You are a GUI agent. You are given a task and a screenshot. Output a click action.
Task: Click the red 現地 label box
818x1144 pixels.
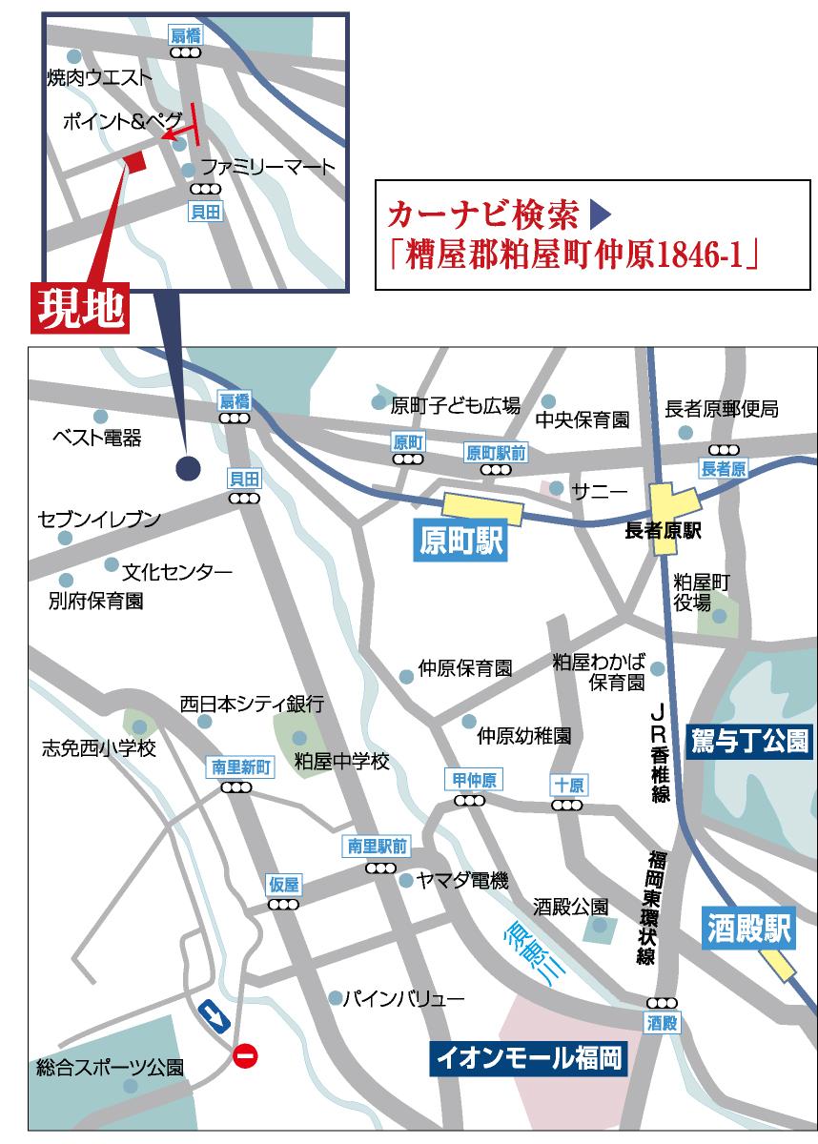(x=80, y=308)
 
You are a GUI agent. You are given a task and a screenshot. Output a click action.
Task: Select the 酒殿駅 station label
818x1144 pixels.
(x=750, y=929)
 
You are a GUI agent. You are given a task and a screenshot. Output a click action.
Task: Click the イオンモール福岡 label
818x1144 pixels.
(x=528, y=1057)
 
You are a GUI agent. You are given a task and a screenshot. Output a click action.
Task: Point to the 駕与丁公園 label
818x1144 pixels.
(x=748, y=740)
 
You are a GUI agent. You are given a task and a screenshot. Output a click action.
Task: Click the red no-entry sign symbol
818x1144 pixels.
(x=245, y=1054)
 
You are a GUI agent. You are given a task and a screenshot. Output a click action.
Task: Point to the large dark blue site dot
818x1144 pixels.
(x=188, y=467)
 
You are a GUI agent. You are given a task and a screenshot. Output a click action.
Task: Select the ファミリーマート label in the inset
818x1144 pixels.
(x=268, y=168)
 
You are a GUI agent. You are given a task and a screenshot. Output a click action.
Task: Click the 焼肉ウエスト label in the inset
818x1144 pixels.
(x=99, y=77)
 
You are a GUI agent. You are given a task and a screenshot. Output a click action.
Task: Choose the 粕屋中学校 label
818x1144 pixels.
(x=341, y=762)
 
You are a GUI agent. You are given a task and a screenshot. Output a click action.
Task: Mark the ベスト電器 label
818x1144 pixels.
(x=96, y=438)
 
